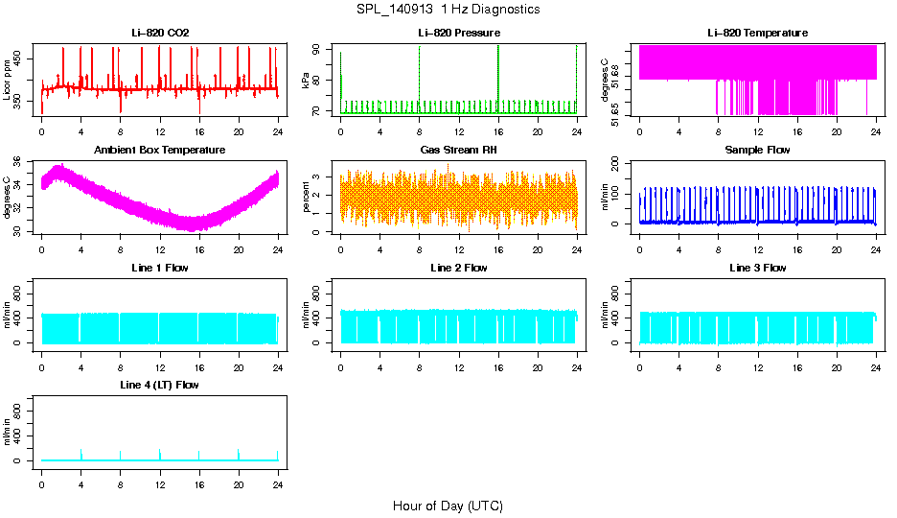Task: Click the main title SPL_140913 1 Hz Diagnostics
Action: tap(447, 10)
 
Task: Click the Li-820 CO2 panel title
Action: tap(160, 33)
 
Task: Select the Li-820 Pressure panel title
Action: tap(458, 33)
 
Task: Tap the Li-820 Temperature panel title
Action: tap(757, 33)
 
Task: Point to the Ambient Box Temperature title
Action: tap(160, 151)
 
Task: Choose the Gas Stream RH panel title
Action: tap(458, 151)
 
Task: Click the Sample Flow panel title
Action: tap(757, 151)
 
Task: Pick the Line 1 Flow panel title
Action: tap(160, 268)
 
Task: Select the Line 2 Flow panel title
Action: tap(458, 268)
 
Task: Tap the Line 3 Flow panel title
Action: tap(757, 268)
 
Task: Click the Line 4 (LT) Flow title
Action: tap(160, 385)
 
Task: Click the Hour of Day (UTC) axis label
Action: tap(447, 506)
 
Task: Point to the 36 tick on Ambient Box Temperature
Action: tap(23, 162)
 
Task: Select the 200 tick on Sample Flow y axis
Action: tap(618, 162)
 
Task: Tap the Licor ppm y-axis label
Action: tap(8, 80)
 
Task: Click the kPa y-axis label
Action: tap(307, 80)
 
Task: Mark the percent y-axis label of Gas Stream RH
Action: tap(307, 197)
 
